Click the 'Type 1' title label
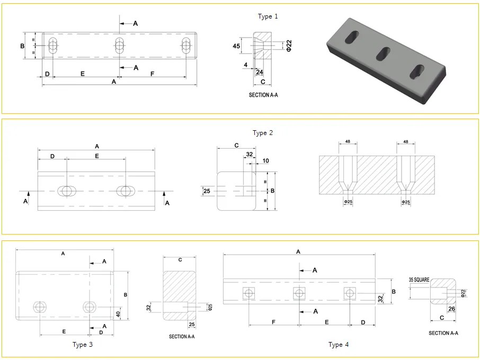point(268,16)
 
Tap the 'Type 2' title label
point(262,133)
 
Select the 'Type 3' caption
point(83,345)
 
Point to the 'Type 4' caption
point(339,345)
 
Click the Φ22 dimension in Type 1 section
point(289,46)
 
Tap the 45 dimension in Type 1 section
point(236,46)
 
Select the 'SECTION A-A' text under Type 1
point(263,95)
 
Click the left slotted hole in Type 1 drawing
point(52,46)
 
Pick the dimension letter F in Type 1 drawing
point(152,74)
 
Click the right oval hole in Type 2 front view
point(126,191)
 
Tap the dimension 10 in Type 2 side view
point(265,160)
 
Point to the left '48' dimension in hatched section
point(348,142)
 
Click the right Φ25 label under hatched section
point(406,202)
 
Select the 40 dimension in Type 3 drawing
point(118,314)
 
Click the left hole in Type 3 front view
point(40,307)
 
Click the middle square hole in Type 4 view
point(299,293)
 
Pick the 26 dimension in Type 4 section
point(451,309)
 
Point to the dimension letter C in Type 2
point(236,145)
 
